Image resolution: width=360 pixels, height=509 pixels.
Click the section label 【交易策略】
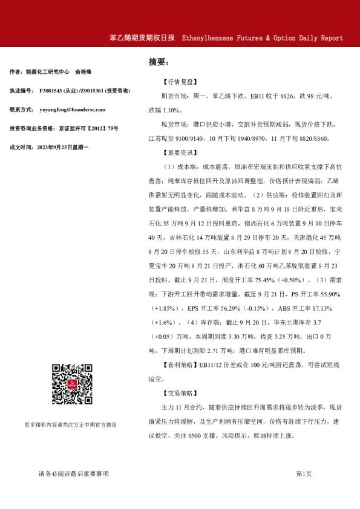(x=180, y=393)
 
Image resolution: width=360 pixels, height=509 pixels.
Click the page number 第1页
(x=304, y=474)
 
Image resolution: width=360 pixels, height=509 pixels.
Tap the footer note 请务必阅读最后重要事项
(x=73, y=474)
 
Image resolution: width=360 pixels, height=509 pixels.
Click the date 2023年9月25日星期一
(x=63, y=148)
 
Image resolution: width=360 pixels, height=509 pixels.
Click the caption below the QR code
(x=71, y=424)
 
